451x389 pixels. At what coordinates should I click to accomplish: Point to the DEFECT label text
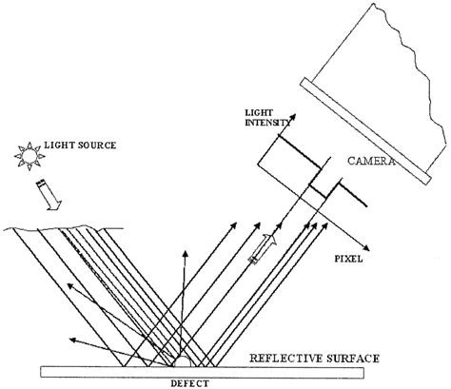pyautogui.click(x=186, y=382)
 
